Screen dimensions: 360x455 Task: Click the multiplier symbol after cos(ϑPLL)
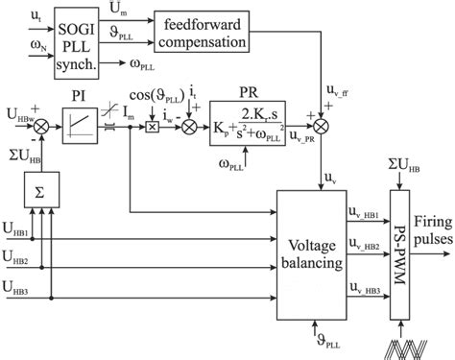pos(151,127)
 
